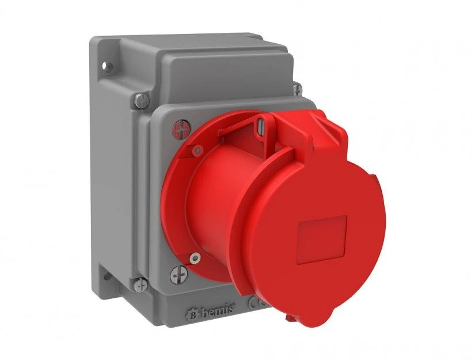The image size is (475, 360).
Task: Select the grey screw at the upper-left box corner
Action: point(142,100)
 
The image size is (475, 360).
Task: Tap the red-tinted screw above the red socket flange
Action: point(181,129)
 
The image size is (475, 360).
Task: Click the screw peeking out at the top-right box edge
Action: point(297,88)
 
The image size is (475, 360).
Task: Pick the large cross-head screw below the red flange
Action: point(178,275)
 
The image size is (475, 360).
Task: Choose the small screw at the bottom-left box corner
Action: point(140,285)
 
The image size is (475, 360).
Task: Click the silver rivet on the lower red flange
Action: point(195,258)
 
